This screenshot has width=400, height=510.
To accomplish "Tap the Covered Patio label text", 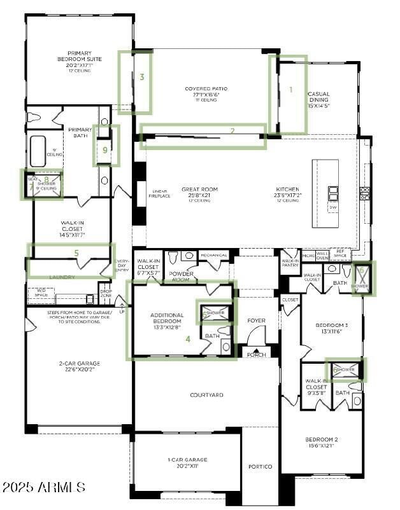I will tap(206, 89).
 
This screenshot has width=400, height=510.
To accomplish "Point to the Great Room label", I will tap(199, 190).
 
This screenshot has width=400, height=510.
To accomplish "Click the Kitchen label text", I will tap(287, 190).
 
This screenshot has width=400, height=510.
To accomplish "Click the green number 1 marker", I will tap(290, 90).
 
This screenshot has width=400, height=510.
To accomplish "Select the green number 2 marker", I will tap(232, 131).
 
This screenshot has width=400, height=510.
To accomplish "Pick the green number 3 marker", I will tap(142, 77).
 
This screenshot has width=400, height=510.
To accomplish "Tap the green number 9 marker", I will tap(106, 151).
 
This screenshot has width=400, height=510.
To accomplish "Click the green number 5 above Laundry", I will tap(76, 253).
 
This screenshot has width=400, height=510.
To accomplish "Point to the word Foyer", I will tap(256, 320).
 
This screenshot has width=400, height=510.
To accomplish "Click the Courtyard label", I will tap(206, 395).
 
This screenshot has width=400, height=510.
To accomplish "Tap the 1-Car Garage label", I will tap(187, 462).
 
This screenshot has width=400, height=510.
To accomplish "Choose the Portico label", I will tap(260, 467).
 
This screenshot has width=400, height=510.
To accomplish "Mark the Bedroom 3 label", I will tap(332, 328).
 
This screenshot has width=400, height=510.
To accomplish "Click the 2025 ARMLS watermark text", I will tap(43, 488).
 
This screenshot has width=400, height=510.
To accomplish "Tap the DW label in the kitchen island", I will tap(332, 207).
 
